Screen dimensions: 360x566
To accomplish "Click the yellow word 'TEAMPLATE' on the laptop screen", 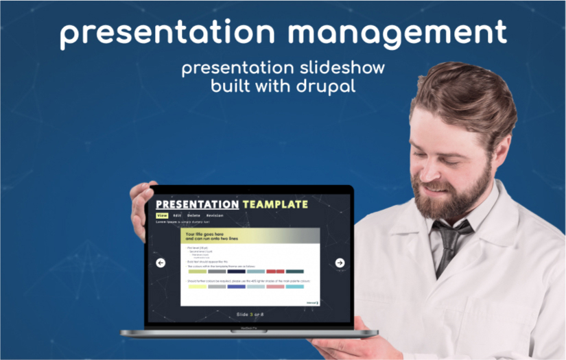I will tap(275, 204).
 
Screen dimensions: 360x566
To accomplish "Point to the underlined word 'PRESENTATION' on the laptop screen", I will tap(197, 204).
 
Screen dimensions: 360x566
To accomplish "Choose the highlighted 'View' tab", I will tap(162, 215).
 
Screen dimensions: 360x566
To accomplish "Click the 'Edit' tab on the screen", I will tap(177, 215).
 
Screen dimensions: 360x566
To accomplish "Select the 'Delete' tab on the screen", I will tap(194, 215).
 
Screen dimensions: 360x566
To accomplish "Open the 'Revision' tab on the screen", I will tap(215, 215).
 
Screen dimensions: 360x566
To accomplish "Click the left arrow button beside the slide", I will tap(161, 263).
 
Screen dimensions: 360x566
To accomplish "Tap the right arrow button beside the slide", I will tap(340, 263).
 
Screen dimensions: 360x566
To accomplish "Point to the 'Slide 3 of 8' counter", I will tap(250, 314).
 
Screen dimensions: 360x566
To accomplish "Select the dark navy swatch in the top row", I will tap(236, 272).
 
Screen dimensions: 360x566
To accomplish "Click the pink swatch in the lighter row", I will tap(275, 286).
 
